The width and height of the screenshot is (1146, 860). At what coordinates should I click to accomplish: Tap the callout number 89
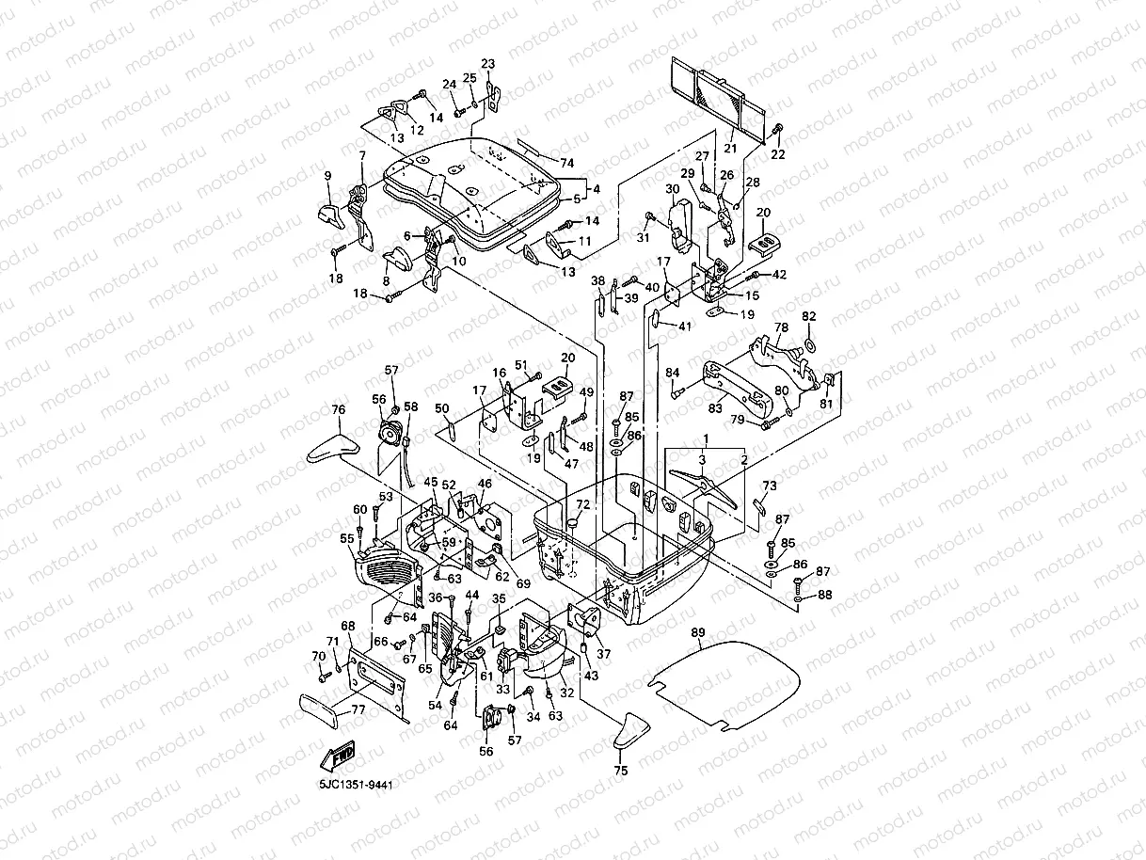click(x=697, y=631)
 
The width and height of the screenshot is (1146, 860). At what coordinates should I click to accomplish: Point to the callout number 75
click(x=620, y=770)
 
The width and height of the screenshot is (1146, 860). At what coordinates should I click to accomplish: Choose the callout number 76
click(x=339, y=409)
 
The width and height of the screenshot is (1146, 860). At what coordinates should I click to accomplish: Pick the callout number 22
click(x=778, y=154)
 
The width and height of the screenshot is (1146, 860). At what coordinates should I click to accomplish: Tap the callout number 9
click(x=328, y=176)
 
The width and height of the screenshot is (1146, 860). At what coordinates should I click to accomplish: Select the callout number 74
click(x=566, y=163)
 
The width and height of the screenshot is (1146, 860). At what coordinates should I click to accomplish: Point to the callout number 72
click(x=582, y=505)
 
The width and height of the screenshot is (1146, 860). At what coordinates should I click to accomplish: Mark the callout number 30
click(x=672, y=189)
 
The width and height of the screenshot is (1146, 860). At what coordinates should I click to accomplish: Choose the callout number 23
click(x=487, y=64)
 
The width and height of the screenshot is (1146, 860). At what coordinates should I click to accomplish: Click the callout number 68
click(x=348, y=626)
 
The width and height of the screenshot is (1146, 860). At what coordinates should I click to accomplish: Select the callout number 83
click(x=715, y=408)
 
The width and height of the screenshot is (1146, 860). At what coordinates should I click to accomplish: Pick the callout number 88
click(x=825, y=594)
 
